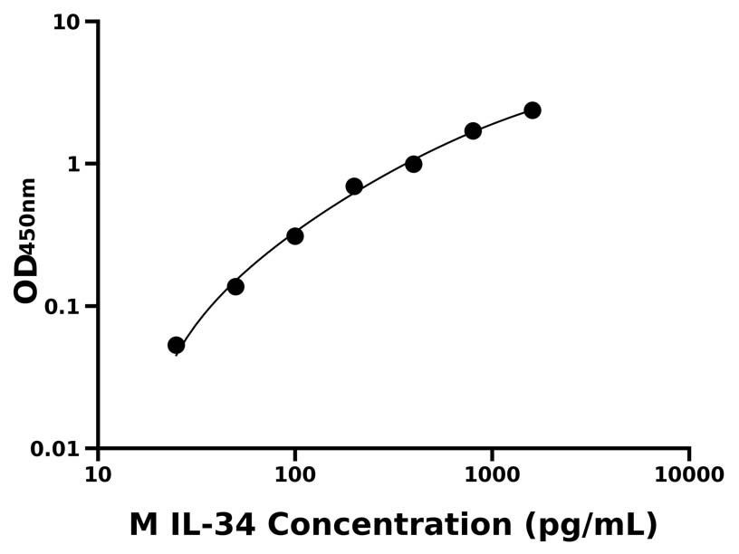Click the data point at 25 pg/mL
click(177, 345)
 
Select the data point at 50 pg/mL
click(235, 286)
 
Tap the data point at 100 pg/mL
click(294, 236)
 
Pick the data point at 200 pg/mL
click(354, 186)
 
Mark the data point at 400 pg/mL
click(414, 164)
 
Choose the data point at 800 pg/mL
click(473, 131)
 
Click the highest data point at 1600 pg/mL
click(533, 110)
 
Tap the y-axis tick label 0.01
click(56, 449)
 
